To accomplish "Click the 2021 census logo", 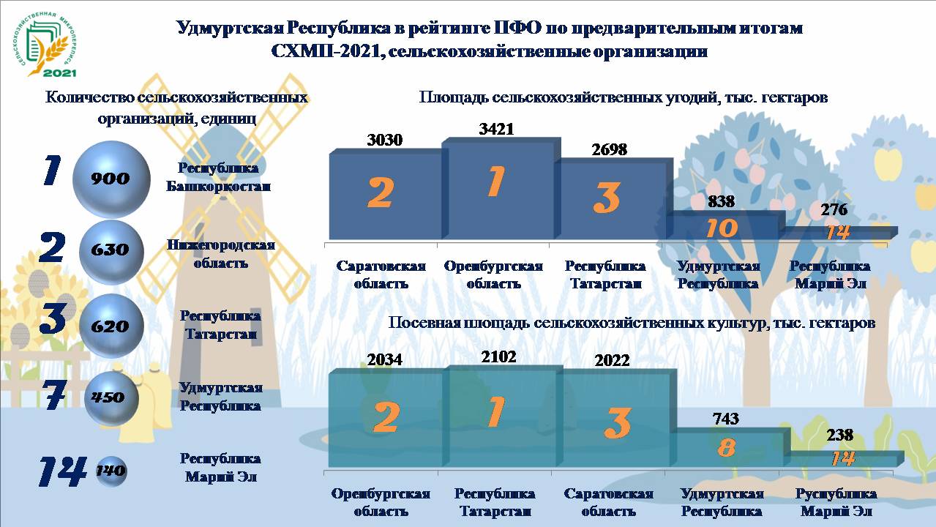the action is click(45, 45).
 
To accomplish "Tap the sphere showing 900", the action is click(111, 179).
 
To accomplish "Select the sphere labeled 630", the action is click(111, 252).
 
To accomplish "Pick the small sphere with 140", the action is click(111, 471).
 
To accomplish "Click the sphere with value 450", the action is click(111, 398).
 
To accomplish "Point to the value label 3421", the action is click(496, 129).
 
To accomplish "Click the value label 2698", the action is click(609, 149).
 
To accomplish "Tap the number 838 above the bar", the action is click(722, 202).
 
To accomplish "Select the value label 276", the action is click(834, 209).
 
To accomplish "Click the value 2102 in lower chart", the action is click(498, 357).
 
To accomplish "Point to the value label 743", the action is click(726, 419).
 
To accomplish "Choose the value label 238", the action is click(840, 436).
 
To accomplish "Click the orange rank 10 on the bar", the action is click(722, 228).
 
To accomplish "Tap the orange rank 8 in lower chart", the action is click(726, 448).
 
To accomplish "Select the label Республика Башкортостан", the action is click(218, 177).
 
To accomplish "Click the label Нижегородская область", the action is click(220, 254).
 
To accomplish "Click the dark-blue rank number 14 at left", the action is click(63, 471).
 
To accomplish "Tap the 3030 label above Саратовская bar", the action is click(384, 140).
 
